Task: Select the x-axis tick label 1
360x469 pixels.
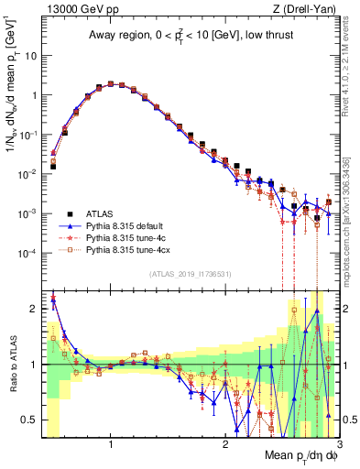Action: point(111,444)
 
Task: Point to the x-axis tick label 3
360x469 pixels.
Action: point(338,444)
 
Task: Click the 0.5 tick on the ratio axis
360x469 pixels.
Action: point(29,420)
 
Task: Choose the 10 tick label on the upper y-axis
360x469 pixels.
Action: point(29,56)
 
